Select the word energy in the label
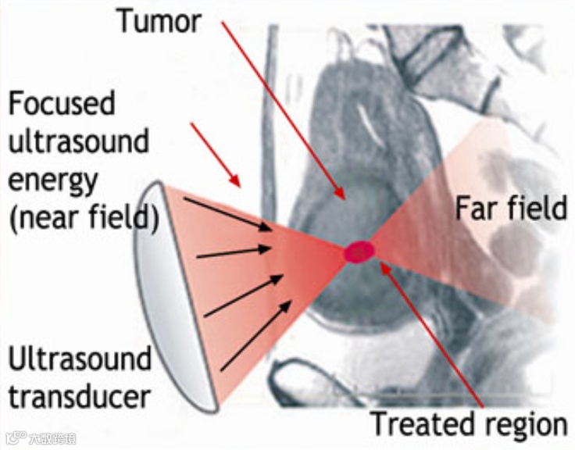(54, 180)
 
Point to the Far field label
(511, 209)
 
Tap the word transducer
(79, 397)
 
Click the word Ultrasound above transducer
(80, 360)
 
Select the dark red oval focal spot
(359, 252)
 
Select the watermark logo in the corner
(39, 438)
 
